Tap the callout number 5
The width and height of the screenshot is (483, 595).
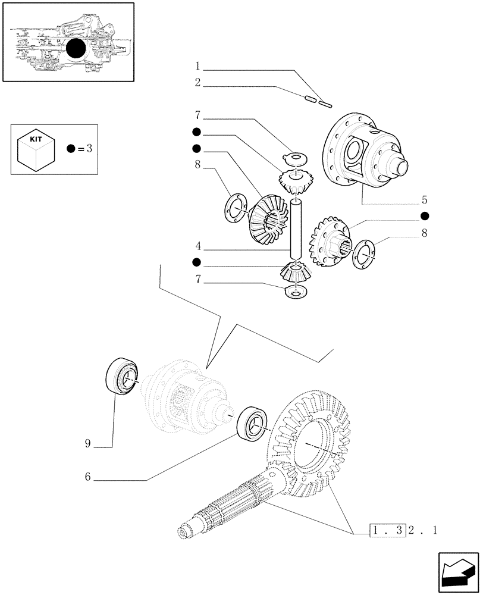[x=424, y=200]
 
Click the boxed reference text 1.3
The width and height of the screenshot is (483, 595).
[x=387, y=530]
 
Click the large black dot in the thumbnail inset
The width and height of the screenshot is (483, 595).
[x=79, y=49]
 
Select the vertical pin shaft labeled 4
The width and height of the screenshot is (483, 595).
[x=296, y=229]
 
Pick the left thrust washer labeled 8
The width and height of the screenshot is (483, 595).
[x=236, y=209]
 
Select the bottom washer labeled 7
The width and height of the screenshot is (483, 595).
[x=296, y=292]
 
